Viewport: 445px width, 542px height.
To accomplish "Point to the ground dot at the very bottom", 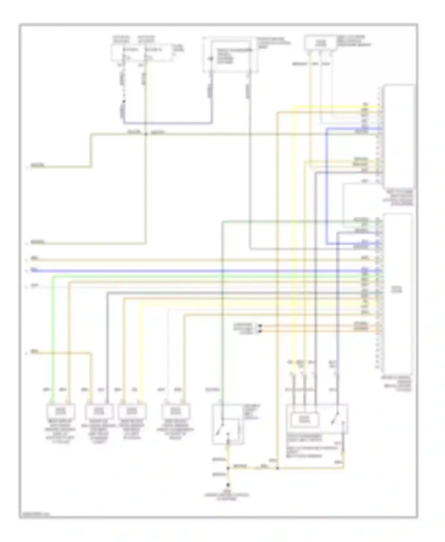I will click(228, 485).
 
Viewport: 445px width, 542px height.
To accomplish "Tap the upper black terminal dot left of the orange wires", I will click(260, 326).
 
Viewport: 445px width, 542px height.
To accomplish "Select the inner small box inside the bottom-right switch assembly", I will click(305, 419).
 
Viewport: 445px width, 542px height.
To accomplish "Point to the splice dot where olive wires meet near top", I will click(146, 134).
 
